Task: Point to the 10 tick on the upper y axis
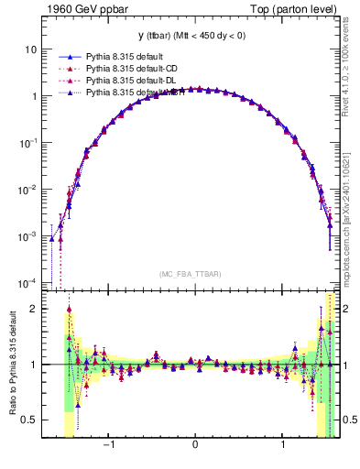tap(32, 49)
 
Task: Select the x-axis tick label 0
tap(195, 447)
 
